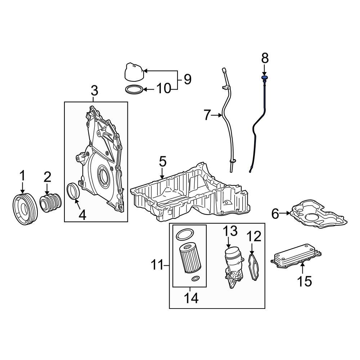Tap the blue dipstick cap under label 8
[265, 77]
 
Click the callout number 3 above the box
[94, 91]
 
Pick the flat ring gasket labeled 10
[134, 89]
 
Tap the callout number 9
[187, 79]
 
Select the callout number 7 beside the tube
[207, 115]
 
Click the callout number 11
[157, 266]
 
